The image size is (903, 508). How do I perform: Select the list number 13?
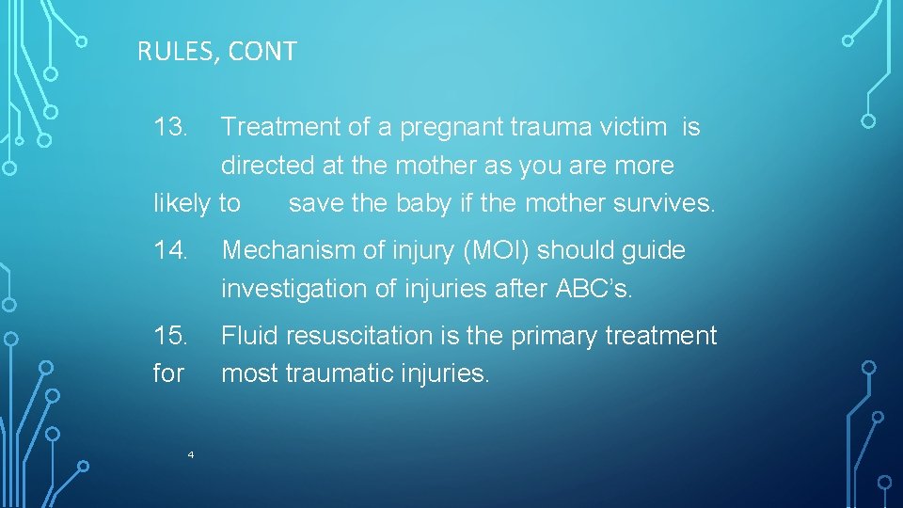pos(172,127)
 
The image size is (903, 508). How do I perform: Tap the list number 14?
pos(172,251)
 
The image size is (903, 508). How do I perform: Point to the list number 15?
pos(172,336)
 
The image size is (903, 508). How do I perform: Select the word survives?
pos(661,203)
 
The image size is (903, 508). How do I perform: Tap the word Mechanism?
pos(292,251)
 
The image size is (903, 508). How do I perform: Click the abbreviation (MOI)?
pos(490,251)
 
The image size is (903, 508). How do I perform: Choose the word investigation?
pos(294,290)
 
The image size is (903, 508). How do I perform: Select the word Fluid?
pos(249,336)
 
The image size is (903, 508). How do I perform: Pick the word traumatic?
pos(344,374)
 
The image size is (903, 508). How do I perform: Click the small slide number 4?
pos(190,455)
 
